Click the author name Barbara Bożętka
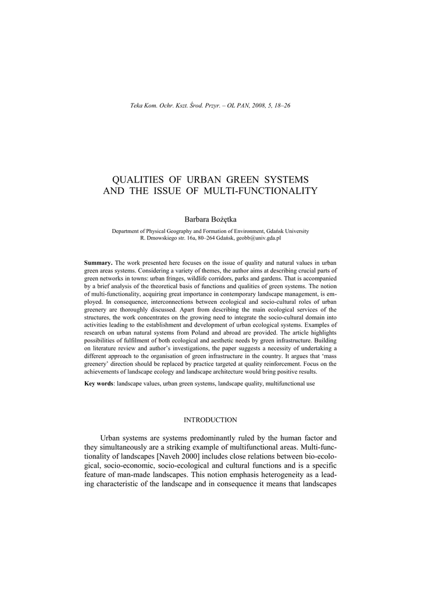coord(210,218)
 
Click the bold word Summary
coord(97,264)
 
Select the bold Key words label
coord(99,385)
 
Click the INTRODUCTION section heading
coord(210,420)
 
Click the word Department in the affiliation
coord(127,231)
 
